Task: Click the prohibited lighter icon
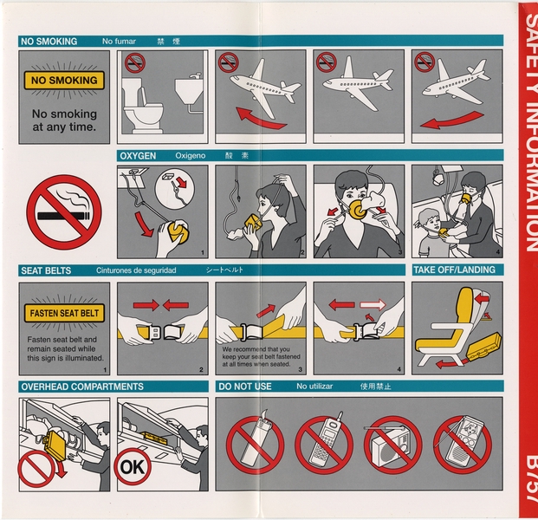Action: coord(255,445)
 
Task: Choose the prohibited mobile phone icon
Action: coord(323,445)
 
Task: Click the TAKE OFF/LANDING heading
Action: coord(454,270)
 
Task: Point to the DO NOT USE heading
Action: coord(245,387)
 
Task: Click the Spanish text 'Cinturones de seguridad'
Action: coord(136,270)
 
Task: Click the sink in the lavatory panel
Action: coord(188,90)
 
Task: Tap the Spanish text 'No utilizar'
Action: coord(316,387)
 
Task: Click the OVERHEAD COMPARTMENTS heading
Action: coord(81,387)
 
